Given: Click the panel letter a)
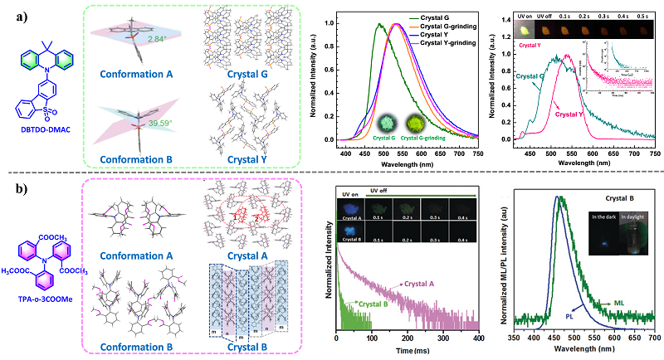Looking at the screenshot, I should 12,14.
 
